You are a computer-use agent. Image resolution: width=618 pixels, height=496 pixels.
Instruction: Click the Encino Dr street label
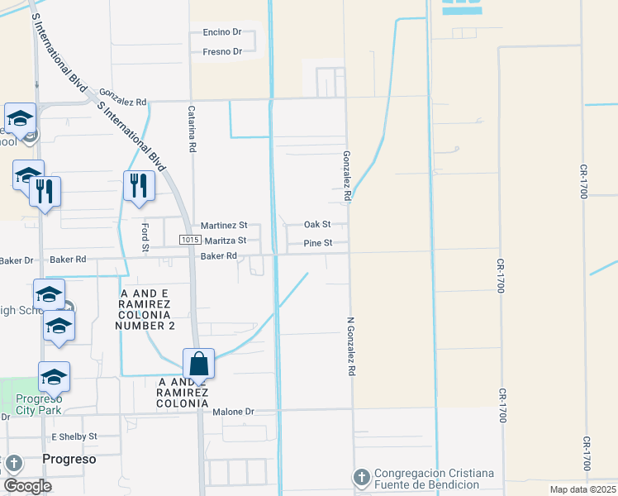pos(221,32)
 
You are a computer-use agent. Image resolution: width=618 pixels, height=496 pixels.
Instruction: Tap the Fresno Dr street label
pos(221,51)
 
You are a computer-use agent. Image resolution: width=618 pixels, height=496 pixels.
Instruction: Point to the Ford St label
pos(145,236)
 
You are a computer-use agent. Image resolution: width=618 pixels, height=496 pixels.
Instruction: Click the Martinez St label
pos(224,225)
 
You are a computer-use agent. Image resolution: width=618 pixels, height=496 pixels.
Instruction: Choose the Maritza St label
pos(226,241)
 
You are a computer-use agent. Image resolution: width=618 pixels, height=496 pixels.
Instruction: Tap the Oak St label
pos(316,224)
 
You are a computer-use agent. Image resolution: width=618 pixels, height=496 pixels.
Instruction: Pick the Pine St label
pos(317,243)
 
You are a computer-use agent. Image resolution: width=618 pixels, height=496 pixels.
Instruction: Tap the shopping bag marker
pos(198,363)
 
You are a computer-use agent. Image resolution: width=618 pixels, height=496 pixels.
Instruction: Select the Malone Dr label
pos(233,412)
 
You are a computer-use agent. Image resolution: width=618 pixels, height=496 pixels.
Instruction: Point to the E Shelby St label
pos(74,436)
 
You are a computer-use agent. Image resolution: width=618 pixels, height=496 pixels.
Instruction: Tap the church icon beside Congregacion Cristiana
pos(361,477)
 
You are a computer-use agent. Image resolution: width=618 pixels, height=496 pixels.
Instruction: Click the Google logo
pos(27,486)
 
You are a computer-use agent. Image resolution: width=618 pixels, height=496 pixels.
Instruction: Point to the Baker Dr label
pos(17,260)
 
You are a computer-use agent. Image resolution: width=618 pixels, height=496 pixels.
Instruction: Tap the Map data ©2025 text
pos(582,489)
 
